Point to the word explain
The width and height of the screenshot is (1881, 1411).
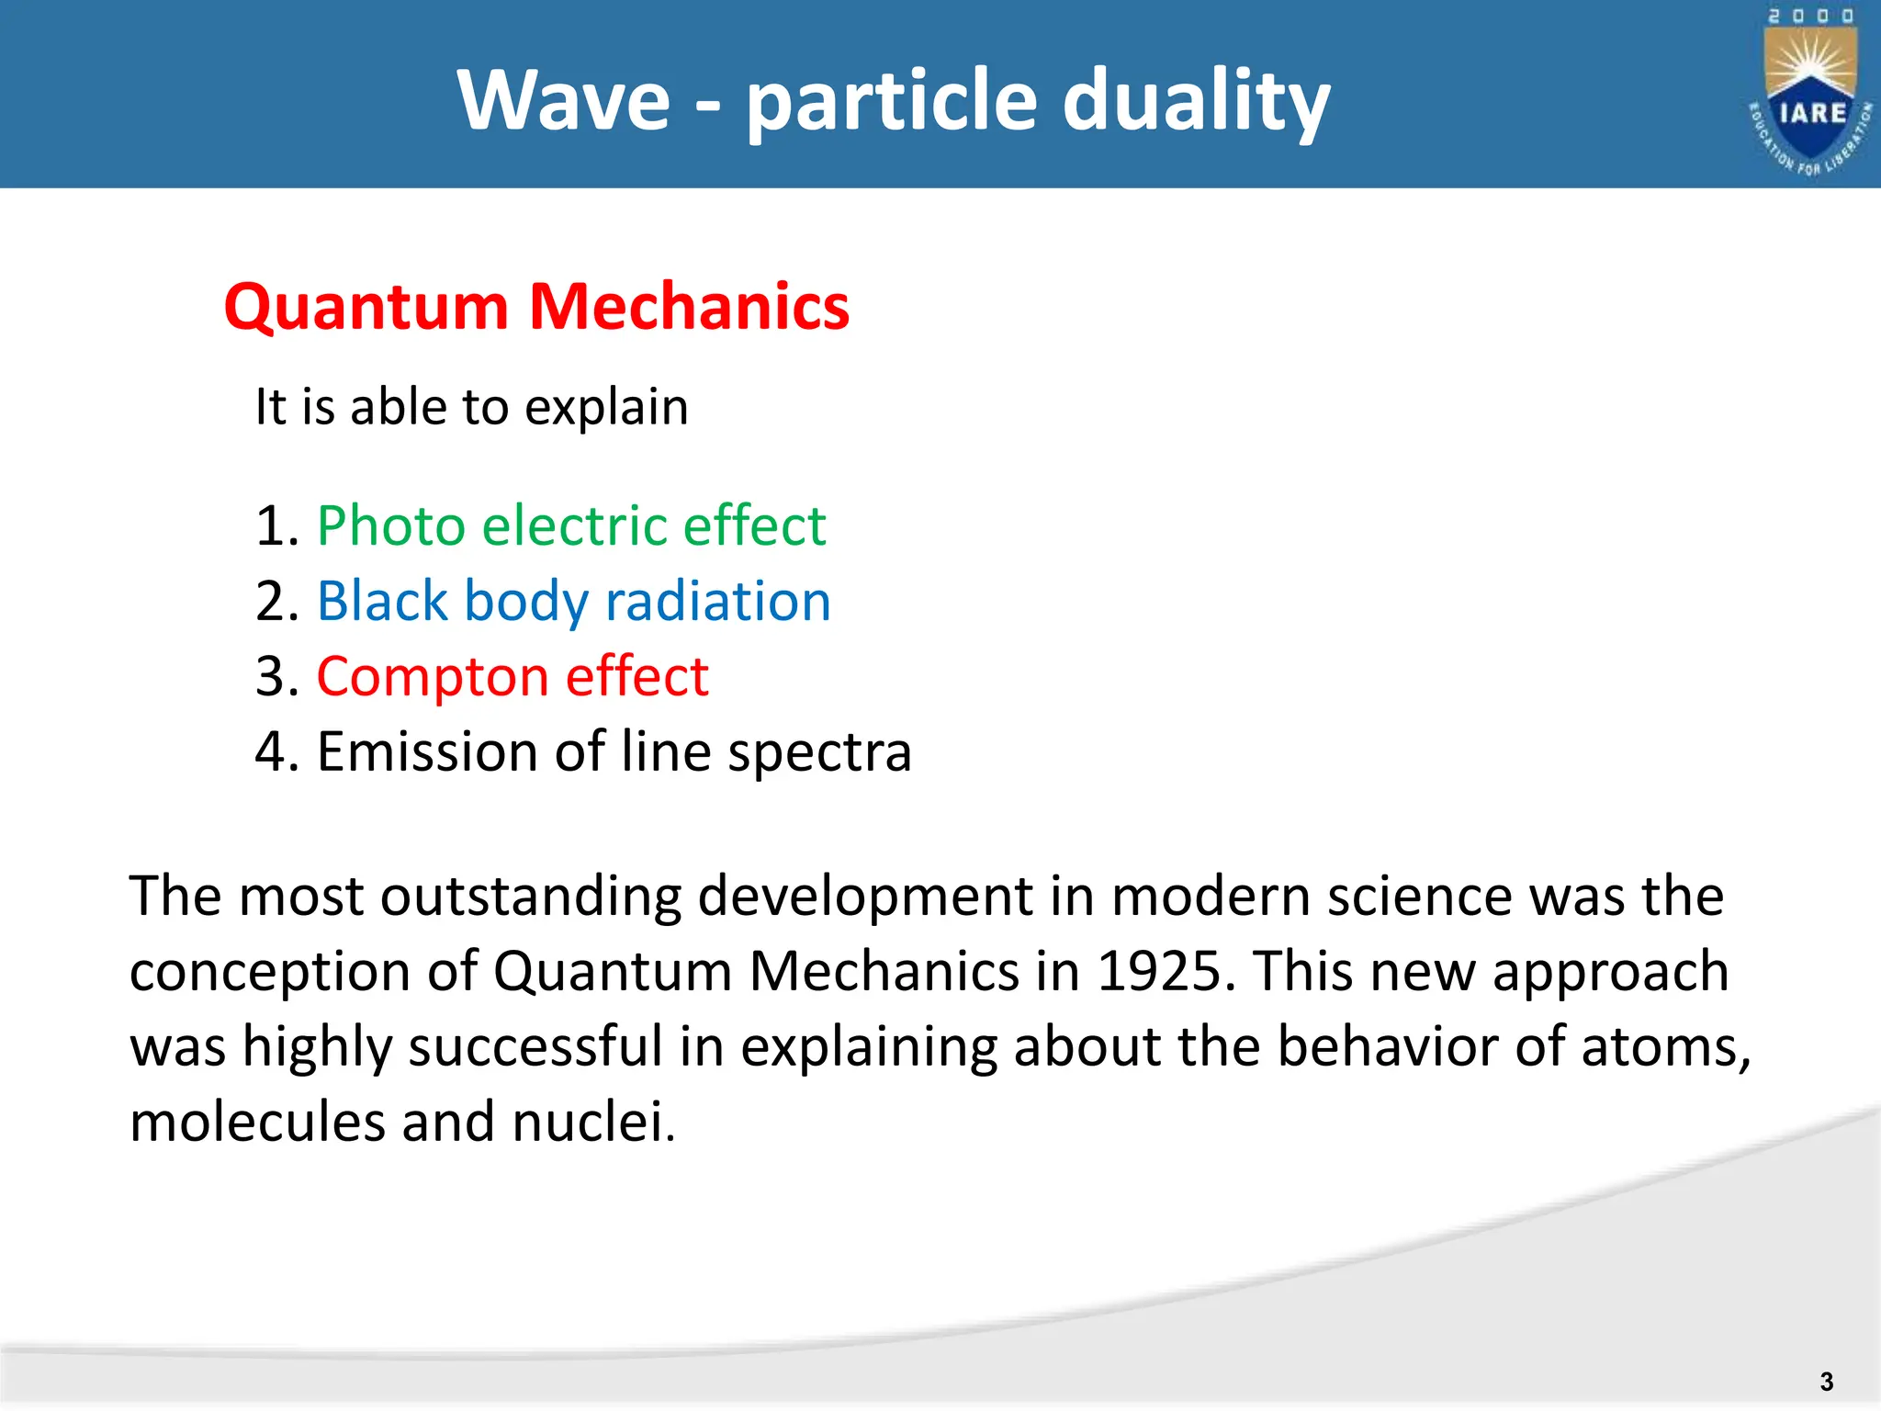(x=606, y=408)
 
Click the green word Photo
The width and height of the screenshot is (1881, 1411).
(x=391, y=526)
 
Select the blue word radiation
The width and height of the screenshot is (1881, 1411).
(x=718, y=602)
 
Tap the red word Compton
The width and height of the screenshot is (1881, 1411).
(x=433, y=678)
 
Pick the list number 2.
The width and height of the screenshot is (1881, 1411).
(x=272, y=602)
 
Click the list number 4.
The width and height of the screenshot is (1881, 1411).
(x=272, y=752)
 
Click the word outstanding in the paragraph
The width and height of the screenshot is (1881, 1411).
(x=531, y=896)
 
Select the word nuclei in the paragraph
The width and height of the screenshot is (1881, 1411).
(x=593, y=1122)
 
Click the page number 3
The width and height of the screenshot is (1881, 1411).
(x=1826, y=1382)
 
